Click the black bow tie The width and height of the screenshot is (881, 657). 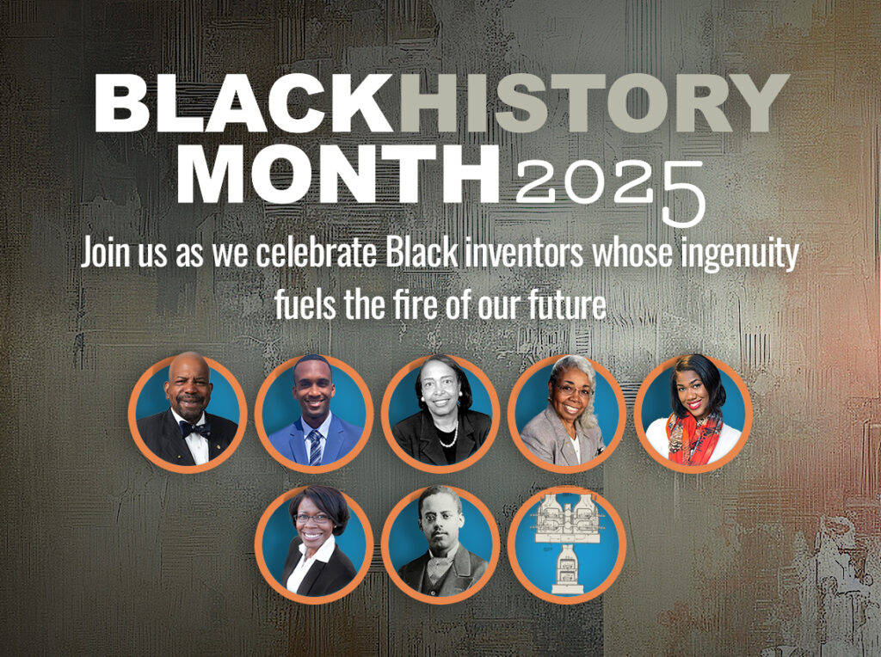195,429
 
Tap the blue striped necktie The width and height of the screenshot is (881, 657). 315,447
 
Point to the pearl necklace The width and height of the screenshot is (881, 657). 449,435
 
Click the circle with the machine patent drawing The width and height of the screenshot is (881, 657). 567,544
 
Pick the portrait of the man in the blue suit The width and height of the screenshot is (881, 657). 314,414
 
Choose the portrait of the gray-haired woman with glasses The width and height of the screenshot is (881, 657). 567,414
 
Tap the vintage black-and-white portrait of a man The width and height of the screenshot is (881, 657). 440,544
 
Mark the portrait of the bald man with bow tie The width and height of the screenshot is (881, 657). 188,414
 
